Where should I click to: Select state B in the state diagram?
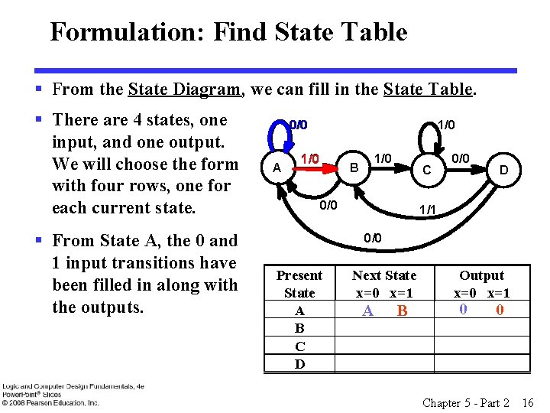tap(353, 167)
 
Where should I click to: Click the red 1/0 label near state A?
tap(309, 158)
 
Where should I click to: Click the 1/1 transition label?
tap(426, 209)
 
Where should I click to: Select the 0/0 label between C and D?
tap(459, 158)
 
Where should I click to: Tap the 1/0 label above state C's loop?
tap(445, 124)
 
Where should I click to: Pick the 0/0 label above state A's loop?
tap(297, 125)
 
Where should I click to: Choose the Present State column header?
tap(299, 284)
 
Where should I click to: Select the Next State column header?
tap(384, 284)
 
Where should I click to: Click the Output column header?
tap(481, 284)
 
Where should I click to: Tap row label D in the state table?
tap(299, 364)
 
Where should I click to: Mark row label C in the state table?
tap(299, 346)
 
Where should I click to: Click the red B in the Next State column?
tap(403, 311)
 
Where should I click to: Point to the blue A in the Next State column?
tap(367, 311)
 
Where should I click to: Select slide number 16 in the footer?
tap(528, 402)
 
